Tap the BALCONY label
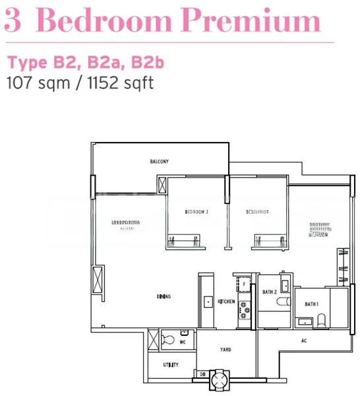tap(159, 161)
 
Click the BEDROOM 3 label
tap(196, 212)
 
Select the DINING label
tap(164, 296)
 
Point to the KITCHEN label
tap(226, 302)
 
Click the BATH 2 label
tap(268, 291)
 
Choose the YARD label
tap(225, 350)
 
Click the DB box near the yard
tap(202, 374)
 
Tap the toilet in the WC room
tap(169, 340)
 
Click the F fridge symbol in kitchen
tap(245, 284)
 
